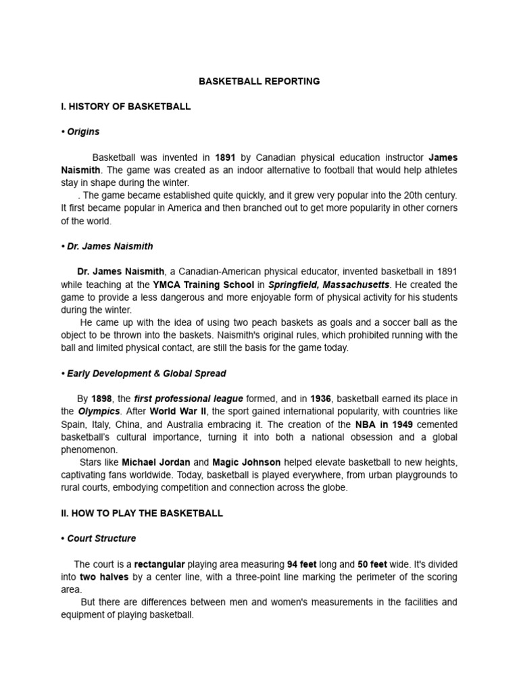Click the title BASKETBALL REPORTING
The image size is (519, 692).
(x=259, y=81)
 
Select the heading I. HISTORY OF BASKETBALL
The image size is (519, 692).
(x=126, y=106)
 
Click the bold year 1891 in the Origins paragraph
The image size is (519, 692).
(x=225, y=157)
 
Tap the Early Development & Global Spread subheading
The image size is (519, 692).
(x=143, y=373)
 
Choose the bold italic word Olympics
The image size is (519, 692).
(x=99, y=412)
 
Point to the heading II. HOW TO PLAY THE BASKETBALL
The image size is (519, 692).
(x=141, y=513)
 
